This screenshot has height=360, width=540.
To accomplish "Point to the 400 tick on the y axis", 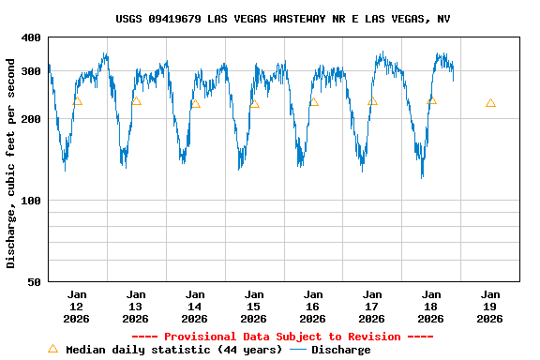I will [31, 37].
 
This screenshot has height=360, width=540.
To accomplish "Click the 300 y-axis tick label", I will [31, 71].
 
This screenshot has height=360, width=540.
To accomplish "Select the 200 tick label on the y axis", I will [31, 119].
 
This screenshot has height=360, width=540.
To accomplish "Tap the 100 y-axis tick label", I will [31, 201].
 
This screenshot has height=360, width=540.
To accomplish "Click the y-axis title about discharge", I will [11, 163].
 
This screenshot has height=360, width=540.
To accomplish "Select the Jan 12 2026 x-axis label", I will [77, 307].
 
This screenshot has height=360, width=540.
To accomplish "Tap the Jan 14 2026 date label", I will [195, 307].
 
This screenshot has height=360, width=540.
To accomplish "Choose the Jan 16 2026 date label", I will [313, 307].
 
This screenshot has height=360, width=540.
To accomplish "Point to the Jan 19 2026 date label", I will [490, 307].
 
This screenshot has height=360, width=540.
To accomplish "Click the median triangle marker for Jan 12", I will [77, 100].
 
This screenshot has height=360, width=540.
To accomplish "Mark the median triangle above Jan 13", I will [136, 100].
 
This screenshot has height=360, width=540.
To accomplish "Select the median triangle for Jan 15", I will [254, 103].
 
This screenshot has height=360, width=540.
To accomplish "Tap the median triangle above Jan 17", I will [372, 100].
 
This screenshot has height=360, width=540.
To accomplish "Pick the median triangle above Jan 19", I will [490, 102].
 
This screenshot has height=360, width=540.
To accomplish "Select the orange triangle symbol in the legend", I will [52, 349].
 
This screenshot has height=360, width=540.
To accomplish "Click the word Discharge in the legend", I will [340, 350].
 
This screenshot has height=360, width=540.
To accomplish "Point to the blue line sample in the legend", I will [298, 350].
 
